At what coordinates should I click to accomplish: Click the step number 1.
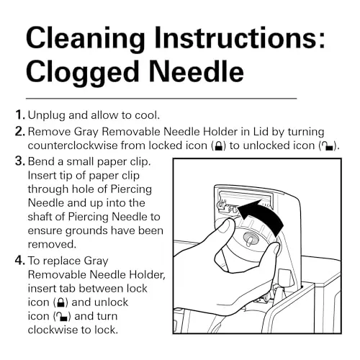pos(19,115)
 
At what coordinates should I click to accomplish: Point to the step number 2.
pos(19,131)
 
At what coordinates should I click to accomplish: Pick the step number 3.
pos(19,161)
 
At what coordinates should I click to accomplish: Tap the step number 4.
pos(19,261)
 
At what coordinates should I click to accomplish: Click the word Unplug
pos(46,116)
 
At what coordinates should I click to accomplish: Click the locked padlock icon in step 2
pos(218,145)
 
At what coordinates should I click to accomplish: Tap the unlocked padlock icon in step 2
pos(328,145)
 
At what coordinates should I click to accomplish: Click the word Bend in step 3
pos(41,161)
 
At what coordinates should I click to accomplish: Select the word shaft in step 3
pos(40,217)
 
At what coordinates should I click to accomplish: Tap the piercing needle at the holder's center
pos(250,240)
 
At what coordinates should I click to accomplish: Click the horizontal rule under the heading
pos(161,99)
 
